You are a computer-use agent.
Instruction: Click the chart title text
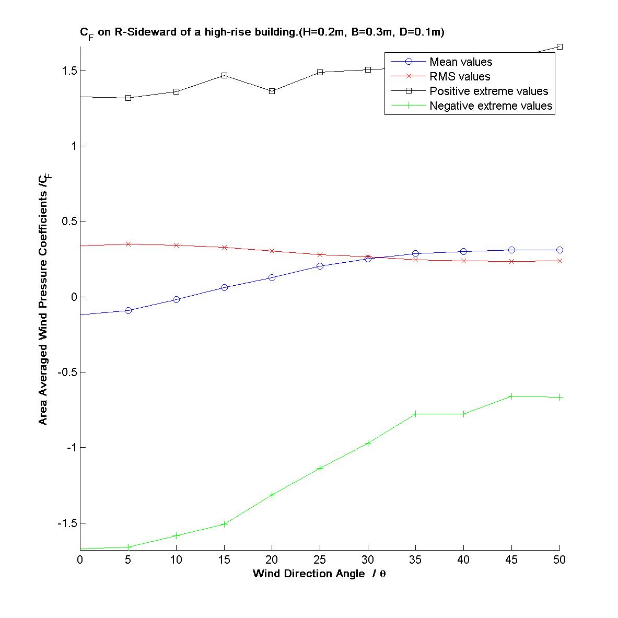click(x=262, y=32)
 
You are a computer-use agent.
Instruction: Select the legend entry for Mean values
click(x=460, y=62)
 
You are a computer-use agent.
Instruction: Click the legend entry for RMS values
click(x=459, y=76)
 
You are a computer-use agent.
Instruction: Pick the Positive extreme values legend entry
click(x=488, y=91)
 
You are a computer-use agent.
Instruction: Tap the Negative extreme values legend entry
click(x=491, y=106)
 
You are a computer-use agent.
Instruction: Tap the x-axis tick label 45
click(x=511, y=559)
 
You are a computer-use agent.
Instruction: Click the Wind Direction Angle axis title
click(x=319, y=574)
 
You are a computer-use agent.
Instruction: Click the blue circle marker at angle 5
click(x=128, y=310)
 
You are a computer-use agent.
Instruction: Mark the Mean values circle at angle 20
click(x=272, y=277)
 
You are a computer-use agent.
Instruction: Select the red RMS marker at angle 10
click(x=176, y=245)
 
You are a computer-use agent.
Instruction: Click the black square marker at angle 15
click(x=224, y=75)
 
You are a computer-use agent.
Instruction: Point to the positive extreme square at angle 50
click(x=559, y=47)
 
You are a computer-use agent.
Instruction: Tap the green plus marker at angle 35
click(x=415, y=414)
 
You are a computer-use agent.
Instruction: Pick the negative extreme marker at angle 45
click(x=511, y=396)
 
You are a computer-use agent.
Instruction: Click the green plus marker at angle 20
click(x=272, y=495)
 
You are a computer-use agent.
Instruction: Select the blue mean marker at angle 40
click(x=463, y=251)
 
